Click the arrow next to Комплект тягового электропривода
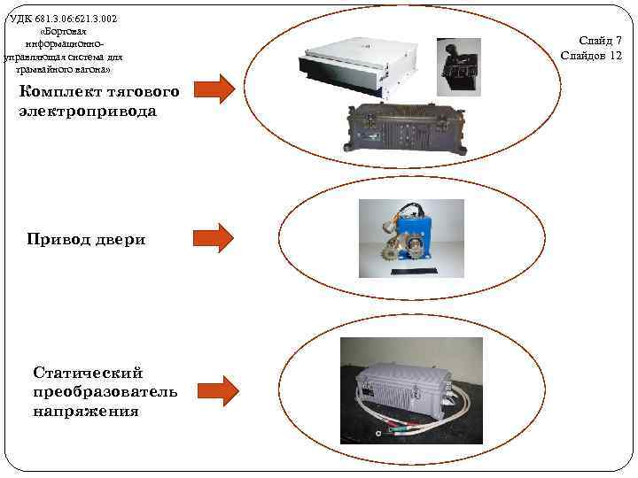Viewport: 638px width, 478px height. tap(214, 88)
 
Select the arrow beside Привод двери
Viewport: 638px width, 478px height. tap(213, 236)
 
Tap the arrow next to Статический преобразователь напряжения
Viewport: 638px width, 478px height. tap(218, 389)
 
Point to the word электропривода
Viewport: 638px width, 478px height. tap(88, 112)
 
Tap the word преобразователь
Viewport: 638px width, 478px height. tap(105, 392)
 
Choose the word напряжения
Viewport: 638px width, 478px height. tap(86, 412)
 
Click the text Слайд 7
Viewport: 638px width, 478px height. tap(600, 40)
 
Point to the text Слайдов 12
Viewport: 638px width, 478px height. tap(591, 56)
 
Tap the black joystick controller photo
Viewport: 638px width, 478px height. tap(457, 66)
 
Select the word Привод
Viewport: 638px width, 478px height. tap(58, 239)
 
